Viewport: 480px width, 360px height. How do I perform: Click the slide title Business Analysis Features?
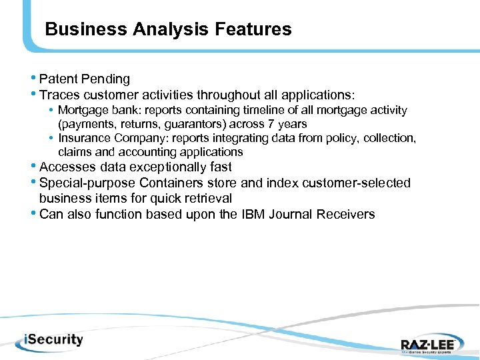[x=168, y=29]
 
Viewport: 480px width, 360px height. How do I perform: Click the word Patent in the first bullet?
[x=59, y=79]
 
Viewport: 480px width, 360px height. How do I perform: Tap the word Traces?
[x=59, y=95]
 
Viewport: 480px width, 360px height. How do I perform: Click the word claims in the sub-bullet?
[x=74, y=152]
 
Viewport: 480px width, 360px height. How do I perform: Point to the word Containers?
[x=164, y=183]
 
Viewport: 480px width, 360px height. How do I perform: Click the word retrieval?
[x=207, y=198]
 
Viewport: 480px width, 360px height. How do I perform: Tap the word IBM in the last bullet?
[x=255, y=214]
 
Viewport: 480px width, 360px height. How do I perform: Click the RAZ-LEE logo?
[x=428, y=344]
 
